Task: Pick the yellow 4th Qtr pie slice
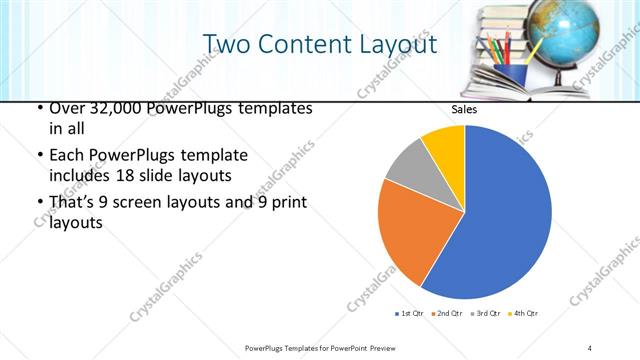click(x=444, y=146)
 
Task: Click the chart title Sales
click(x=464, y=109)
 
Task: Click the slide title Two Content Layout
click(x=319, y=45)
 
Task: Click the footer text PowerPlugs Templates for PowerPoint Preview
click(x=319, y=347)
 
